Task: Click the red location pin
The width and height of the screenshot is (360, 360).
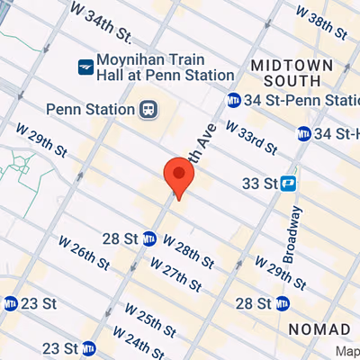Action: point(178,175)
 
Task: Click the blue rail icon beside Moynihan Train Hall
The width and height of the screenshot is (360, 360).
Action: point(85,66)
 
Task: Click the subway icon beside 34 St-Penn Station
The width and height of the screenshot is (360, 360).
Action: point(233,99)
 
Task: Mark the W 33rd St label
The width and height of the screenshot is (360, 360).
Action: point(251,136)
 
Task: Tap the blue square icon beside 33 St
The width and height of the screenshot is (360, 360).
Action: point(289,183)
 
